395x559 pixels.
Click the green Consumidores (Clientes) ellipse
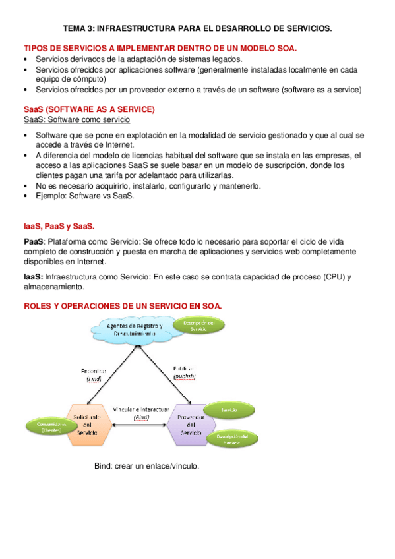pos(48,426)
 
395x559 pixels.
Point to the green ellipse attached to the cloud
pos(199,326)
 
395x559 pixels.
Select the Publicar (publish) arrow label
pos(185,372)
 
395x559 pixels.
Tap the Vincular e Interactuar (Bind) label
pos(140,413)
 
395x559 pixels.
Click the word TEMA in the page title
pos(76,29)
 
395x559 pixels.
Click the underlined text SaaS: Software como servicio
pos(76,120)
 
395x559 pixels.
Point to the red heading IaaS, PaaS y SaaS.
pos(59,226)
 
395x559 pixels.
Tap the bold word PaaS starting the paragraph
pos(34,242)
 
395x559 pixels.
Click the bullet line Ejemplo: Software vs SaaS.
pos(85,196)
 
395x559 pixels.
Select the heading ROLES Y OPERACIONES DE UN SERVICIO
pos(123,306)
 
